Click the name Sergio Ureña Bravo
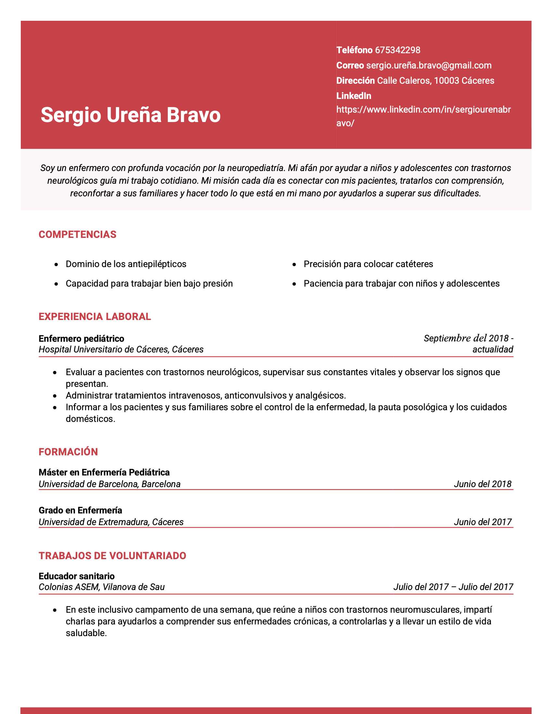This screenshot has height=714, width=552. coord(131,115)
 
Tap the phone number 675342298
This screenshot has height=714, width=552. coord(397,50)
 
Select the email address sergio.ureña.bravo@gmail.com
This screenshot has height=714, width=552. coord(429,65)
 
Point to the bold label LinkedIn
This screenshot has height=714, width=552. coord(354,96)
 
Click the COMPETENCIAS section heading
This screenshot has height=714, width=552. coord(78,234)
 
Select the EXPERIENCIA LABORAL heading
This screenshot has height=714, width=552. coord(95,316)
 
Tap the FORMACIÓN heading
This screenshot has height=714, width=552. coord(68,452)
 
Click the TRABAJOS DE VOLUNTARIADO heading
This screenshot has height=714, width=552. coord(112,556)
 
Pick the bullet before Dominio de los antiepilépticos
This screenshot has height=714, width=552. coord(56,264)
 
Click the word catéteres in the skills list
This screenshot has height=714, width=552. coord(414,264)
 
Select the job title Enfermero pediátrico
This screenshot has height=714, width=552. coord(82,339)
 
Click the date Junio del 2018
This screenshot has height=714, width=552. coord(482,484)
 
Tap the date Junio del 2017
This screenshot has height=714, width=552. coord(482,522)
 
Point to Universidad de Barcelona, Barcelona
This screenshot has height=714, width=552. coord(109,484)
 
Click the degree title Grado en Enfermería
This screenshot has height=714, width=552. coord(81,510)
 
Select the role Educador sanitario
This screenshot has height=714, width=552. coord(77,576)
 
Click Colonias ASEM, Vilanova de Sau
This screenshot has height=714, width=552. coord(102,587)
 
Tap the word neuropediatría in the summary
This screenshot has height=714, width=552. coord(256,168)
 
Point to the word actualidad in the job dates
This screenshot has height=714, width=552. coord(493,350)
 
